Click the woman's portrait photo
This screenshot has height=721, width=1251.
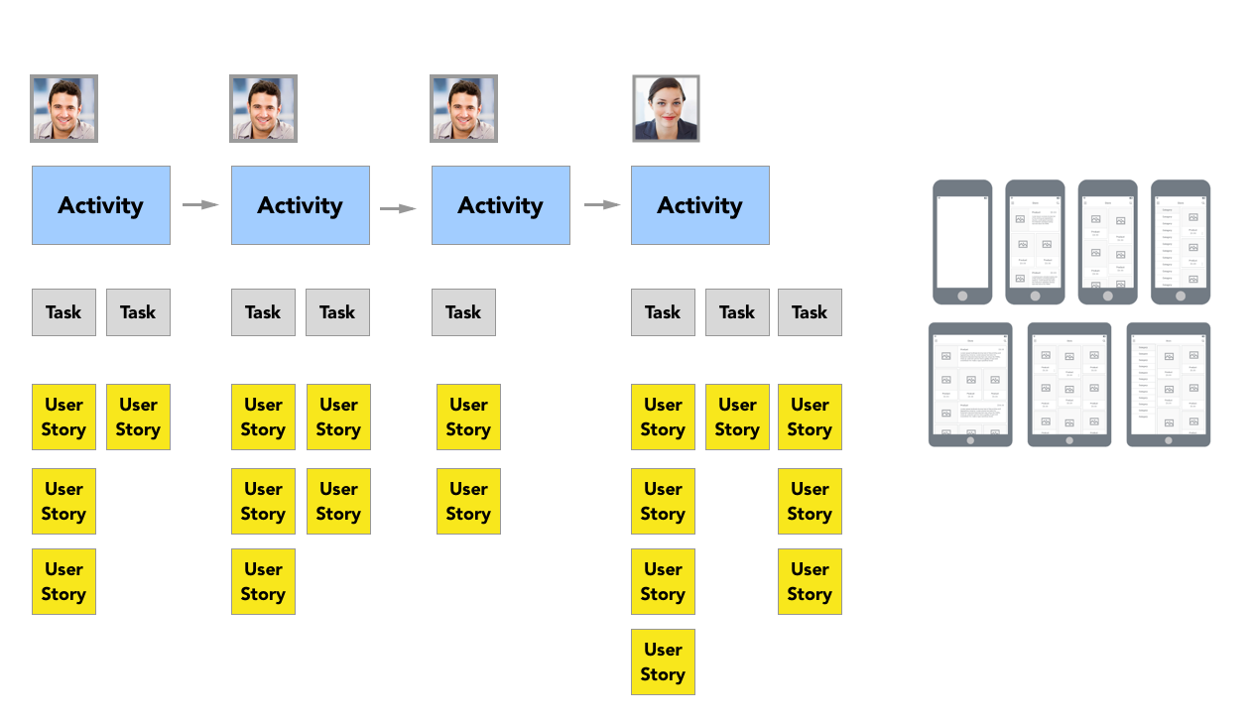click(666, 108)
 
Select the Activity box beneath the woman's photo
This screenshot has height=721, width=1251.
click(699, 205)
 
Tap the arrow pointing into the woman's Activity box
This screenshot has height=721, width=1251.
click(602, 205)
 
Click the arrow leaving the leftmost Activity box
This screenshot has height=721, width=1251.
click(200, 205)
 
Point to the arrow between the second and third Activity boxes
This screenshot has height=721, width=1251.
click(398, 208)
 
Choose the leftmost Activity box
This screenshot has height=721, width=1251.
click(101, 205)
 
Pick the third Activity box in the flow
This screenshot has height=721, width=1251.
click(500, 205)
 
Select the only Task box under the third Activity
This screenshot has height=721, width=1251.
click(463, 312)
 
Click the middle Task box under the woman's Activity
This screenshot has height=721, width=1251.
click(737, 312)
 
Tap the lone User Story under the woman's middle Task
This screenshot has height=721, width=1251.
click(737, 418)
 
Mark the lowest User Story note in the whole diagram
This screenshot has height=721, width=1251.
click(663, 661)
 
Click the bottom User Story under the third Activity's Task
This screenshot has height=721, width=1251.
click(468, 502)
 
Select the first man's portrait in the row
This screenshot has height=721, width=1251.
click(63, 108)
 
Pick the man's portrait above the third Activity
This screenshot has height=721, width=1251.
click(463, 108)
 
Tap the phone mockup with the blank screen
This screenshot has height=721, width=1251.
click(962, 241)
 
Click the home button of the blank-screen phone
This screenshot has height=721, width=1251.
click(962, 296)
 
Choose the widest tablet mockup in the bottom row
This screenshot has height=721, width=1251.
click(970, 384)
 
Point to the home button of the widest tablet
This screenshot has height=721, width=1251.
click(970, 439)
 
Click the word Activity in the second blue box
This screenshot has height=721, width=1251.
click(300, 205)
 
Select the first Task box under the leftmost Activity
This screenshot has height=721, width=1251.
click(63, 312)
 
